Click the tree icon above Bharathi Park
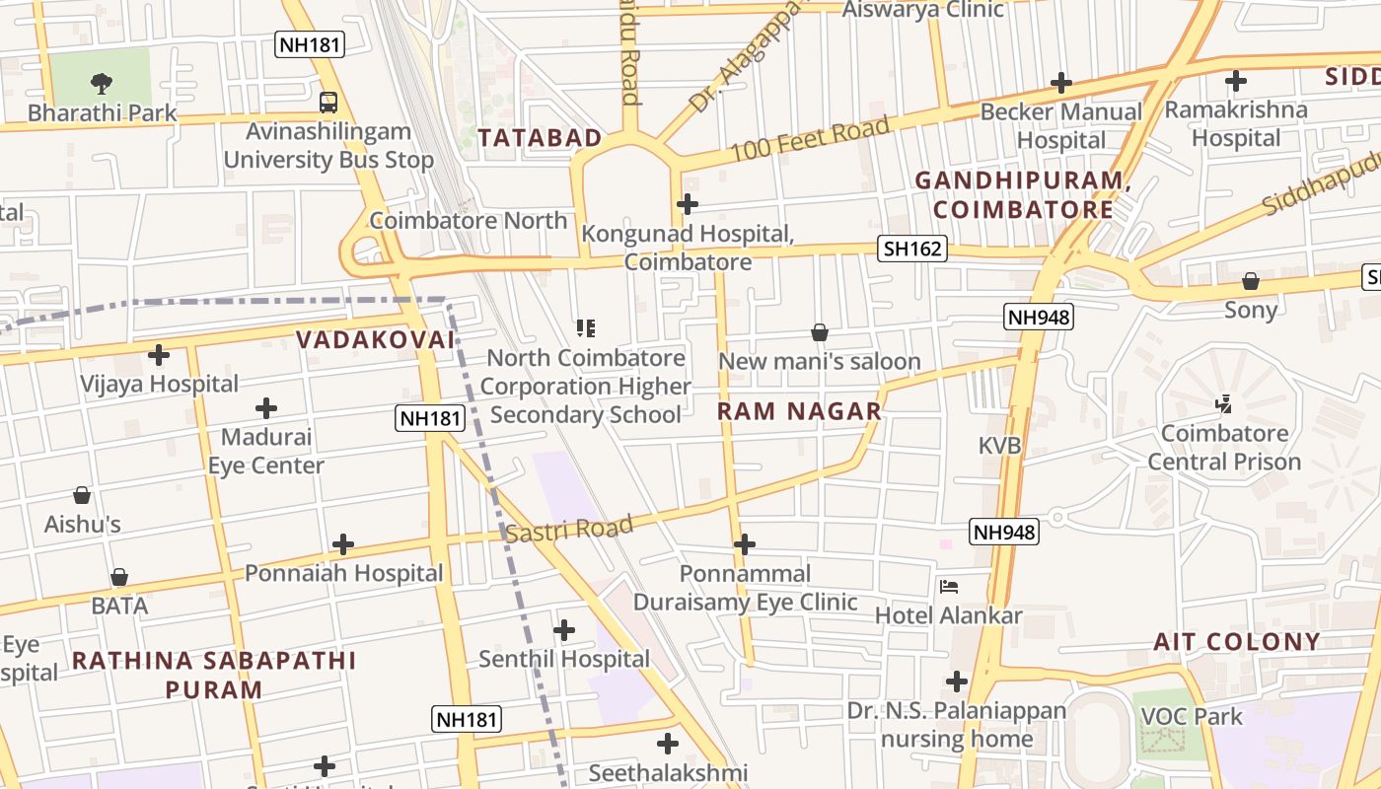101,83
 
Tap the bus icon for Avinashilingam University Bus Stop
327,102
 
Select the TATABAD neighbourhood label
540,138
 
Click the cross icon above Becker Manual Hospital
1061,83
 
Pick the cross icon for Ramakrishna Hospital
1235,81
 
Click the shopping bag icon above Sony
1251,281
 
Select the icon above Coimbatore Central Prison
1224,403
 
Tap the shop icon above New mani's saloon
819,332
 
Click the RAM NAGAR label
799,411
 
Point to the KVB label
999,446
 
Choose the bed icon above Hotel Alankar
949,586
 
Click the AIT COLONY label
1236,642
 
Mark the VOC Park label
1192,716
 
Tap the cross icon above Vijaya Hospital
159,354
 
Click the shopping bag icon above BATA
119,577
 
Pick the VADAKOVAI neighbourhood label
375,340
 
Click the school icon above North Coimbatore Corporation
586,328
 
